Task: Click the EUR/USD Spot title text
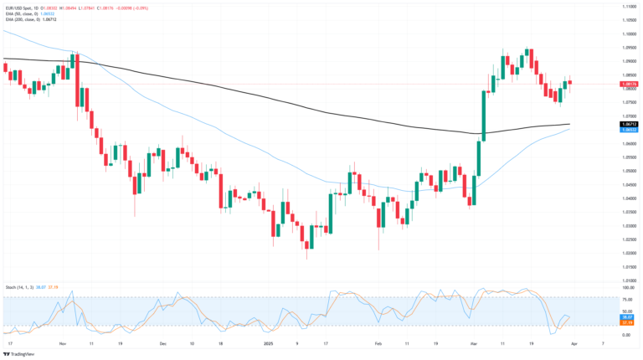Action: [21, 5]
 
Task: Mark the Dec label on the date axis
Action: [163, 343]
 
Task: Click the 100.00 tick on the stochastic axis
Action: [627, 287]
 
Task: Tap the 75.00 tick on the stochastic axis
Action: [627, 298]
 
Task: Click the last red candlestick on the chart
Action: [570, 81]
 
